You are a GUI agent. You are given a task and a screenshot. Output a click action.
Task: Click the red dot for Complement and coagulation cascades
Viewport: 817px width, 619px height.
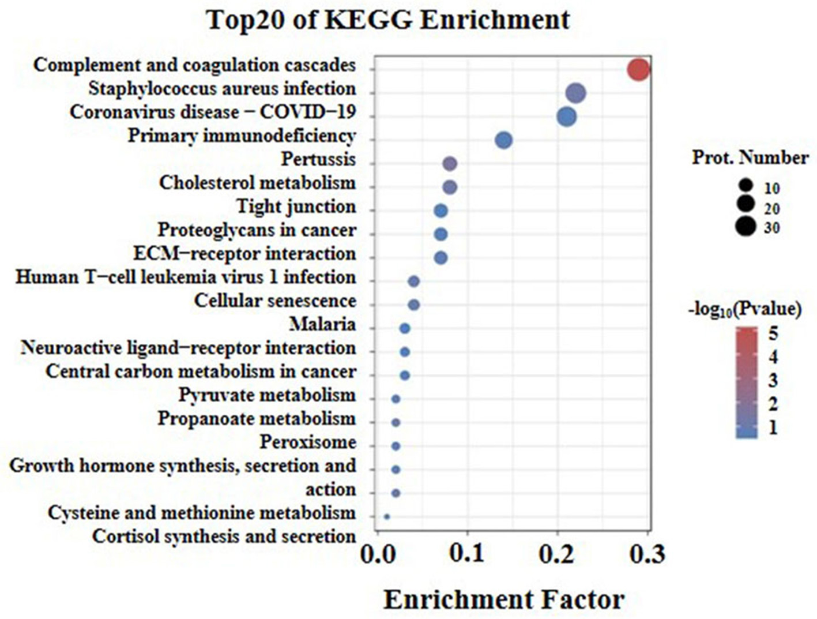638,70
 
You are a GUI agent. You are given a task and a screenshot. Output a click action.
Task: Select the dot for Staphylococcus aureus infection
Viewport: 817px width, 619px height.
575,93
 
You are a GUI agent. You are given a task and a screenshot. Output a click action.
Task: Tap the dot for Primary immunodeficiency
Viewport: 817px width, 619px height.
503,140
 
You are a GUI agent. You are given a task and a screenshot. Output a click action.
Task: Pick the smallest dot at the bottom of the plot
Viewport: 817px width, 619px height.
387,517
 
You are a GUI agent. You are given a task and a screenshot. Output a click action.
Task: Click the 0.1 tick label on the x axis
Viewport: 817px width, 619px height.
467,554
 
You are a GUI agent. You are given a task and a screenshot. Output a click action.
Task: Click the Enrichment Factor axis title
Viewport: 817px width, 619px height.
503,600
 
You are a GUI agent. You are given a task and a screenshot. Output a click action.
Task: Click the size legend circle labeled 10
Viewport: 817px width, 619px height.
746,186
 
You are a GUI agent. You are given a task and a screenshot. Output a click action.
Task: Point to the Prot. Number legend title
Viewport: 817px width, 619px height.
750,157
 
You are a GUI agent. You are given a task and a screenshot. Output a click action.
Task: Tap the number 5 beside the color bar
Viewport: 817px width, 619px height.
773,333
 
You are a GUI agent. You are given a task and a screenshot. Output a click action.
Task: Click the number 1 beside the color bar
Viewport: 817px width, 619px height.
773,428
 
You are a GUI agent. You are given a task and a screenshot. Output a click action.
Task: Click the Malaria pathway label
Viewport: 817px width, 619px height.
322,325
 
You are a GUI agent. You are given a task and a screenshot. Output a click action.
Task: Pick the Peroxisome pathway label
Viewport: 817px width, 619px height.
307,442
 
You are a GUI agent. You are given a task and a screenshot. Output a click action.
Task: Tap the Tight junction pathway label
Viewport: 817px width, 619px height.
296,207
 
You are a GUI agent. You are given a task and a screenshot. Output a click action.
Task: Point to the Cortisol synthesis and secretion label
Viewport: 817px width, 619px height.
224,537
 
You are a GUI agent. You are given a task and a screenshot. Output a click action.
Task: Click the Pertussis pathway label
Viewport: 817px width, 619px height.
318,159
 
